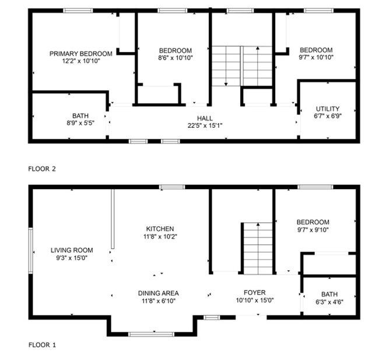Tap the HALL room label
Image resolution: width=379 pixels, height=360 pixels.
pos(205,118)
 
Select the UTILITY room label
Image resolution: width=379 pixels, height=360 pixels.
pos(327,109)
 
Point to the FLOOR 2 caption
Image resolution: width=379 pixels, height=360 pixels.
pos(42,169)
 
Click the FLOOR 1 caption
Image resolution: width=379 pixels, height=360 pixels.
pos(42,345)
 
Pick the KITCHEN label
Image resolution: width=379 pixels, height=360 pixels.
pos(160,229)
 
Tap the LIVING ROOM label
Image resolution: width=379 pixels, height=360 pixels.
pos(72,250)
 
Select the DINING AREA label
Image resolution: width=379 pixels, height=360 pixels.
pos(158,293)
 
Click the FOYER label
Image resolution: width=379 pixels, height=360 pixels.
pos(255,293)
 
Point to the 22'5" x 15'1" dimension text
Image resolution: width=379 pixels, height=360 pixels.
pos(205,125)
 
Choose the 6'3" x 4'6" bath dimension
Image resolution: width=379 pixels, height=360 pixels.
pos(330,302)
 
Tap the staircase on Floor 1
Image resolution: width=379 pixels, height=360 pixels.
pos(258,247)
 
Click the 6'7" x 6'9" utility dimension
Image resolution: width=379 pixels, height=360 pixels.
pos(327,116)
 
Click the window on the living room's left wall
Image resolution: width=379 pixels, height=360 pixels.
pos(30,250)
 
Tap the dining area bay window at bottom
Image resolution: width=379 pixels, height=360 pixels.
pos(150,334)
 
